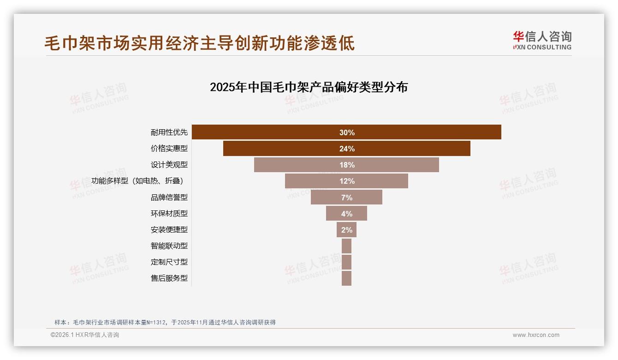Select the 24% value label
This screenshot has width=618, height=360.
point(347,149)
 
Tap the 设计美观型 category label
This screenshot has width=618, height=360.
point(169,165)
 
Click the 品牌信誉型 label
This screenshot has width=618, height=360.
point(169,197)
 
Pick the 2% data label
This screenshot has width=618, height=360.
point(347,230)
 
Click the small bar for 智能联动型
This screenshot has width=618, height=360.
point(346,246)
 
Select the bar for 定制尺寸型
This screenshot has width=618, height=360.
point(346,262)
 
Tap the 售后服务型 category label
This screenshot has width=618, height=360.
point(169,278)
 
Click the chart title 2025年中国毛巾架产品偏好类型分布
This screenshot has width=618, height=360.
point(309,87)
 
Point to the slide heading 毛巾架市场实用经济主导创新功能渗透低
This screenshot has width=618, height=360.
point(200,43)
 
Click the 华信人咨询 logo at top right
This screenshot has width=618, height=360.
point(542,40)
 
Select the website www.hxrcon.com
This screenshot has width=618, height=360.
point(536,335)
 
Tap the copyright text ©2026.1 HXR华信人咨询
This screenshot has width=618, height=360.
point(85,335)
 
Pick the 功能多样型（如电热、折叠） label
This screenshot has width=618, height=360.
point(140,181)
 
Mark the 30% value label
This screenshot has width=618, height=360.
point(347,132)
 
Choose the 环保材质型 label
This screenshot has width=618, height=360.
point(169,213)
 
